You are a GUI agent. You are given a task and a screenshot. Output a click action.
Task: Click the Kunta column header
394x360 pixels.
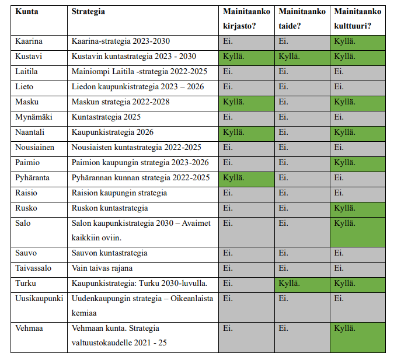(x=27, y=12)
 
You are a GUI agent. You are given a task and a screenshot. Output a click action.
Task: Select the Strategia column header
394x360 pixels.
(x=88, y=12)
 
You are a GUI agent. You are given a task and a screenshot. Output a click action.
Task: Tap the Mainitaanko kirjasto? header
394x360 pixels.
(x=246, y=19)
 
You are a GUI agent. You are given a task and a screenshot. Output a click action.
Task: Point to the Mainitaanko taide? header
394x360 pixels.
(x=302, y=19)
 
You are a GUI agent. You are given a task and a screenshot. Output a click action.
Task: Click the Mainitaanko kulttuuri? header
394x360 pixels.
(x=358, y=19)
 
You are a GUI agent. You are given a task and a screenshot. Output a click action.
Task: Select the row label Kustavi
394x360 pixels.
(x=29, y=56)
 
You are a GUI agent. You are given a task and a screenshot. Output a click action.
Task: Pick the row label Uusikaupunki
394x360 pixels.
(x=39, y=299)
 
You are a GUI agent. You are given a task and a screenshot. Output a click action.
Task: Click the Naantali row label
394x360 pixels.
(x=30, y=132)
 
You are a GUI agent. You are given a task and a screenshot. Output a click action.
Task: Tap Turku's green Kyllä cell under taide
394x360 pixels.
(x=302, y=285)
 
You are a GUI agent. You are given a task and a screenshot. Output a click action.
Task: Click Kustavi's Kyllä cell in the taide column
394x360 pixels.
(x=302, y=58)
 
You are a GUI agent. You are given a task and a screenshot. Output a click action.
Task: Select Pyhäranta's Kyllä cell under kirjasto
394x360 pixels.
(x=246, y=179)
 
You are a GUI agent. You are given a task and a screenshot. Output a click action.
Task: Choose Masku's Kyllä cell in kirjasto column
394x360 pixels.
(x=246, y=103)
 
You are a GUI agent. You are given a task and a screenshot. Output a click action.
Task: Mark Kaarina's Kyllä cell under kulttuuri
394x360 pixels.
(x=358, y=43)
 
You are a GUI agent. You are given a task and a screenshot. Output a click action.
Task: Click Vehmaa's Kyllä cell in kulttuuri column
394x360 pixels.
(x=358, y=337)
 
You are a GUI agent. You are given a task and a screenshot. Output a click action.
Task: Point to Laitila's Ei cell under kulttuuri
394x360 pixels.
(x=358, y=73)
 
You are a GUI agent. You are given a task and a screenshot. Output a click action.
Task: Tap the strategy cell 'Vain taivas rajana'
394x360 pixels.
(x=102, y=268)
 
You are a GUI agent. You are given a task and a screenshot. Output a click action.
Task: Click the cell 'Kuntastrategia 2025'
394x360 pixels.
(x=106, y=117)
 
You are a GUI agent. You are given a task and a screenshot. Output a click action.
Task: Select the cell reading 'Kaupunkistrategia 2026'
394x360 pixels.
(x=112, y=132)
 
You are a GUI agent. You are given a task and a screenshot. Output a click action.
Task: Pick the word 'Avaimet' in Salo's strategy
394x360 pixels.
(x=196, y=223)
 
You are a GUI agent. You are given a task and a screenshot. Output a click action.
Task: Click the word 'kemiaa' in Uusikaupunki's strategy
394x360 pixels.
(x=84, y=313)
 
